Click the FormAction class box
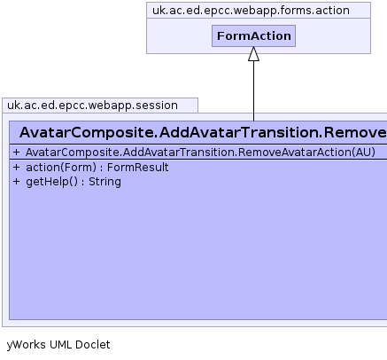253,35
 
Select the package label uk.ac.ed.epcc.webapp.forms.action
251,11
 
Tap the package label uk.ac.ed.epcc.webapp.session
92,106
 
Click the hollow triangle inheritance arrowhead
253,54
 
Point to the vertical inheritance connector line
253,91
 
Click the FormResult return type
137,168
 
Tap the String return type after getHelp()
104,182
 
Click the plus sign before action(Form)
16,168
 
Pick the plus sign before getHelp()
16,182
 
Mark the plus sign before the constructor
16,153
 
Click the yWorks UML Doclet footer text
58,345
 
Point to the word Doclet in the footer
93,345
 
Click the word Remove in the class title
355,132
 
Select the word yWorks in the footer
26,345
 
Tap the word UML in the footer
60,345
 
